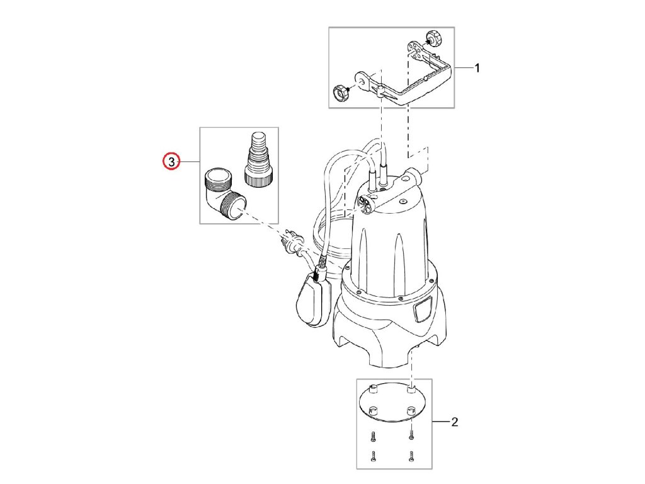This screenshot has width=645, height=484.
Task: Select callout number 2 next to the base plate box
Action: point(455,422)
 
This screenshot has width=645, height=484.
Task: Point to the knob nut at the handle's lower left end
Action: point(341,95)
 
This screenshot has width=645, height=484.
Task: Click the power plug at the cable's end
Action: point(292,241)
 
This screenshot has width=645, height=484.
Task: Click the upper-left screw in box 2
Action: point(372,435)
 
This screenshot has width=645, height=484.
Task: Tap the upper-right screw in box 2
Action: point(411,434)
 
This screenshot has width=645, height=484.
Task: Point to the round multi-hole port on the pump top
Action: point(364,202)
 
